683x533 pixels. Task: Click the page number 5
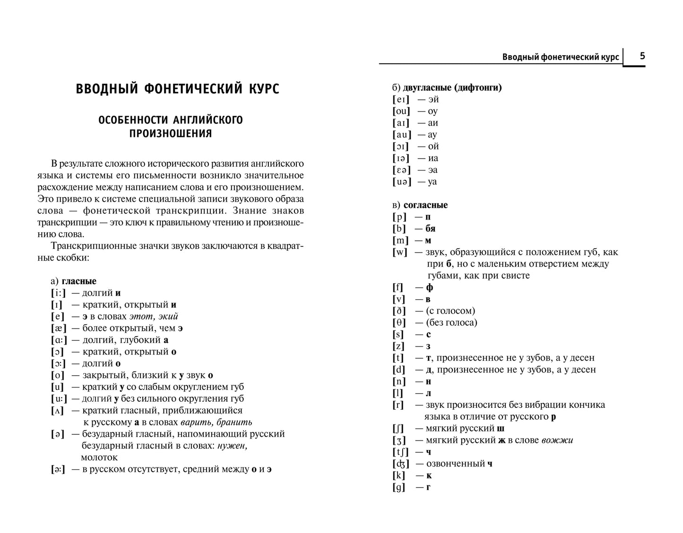pyautogui.click(x=642, y=56)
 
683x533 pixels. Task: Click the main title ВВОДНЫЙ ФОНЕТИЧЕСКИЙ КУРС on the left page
pyautogui.click(x=177, y=89)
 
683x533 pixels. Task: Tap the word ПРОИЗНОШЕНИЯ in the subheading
pyautogui.click(x=171, y=134)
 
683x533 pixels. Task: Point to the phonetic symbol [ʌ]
pyautogui.click(x=57, y=411)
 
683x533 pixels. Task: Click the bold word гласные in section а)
pyautogui.click(x=79, y=281)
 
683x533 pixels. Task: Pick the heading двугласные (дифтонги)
pyautogui.click(x=452, y=87)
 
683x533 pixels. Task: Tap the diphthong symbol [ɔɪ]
pyautogui.click(x=400, y=146)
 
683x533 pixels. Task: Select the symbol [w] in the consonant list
pyautogui.click(x=400, y=252)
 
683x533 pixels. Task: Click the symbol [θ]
pyautogui.click(x=399, y=323)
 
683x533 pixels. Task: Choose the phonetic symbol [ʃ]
pyautogui.click(x=398, y=429)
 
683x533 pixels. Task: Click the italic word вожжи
pyautogui.click(x=557, y=440)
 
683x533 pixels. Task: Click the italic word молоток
pyautogui.click(x=99, y=457)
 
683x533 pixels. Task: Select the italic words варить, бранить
pyautogui.click(x=216, y=423)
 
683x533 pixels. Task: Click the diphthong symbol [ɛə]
pyautogui.click(x=401, y=170)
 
